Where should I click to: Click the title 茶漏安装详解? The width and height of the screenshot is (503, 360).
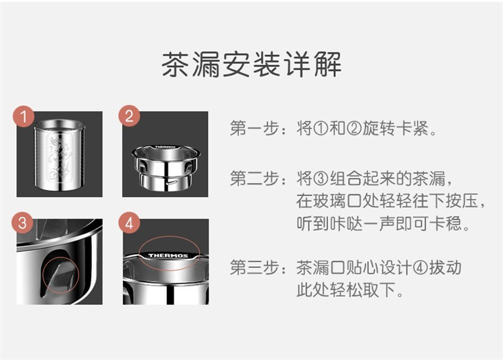(251, 64)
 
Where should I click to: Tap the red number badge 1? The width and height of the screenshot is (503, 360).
(23, 117)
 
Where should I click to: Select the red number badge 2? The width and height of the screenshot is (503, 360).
(129, 116)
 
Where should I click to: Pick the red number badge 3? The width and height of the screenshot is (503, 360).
(22, 223)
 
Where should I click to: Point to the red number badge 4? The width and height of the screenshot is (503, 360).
(129, 223)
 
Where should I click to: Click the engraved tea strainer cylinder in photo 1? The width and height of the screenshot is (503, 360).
(60, 155)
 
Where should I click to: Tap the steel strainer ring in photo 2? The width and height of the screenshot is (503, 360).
(165, 168)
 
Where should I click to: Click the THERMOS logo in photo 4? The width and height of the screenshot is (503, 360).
(168, 255)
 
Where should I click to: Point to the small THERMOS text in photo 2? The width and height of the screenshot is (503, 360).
(165, 147)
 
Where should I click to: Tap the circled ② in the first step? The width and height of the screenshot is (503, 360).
(354, 129)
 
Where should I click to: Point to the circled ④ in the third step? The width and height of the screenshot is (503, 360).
(421, 267)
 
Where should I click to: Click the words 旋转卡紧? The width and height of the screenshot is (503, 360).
(396, 129)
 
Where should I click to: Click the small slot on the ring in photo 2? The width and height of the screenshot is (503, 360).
(172, 184)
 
